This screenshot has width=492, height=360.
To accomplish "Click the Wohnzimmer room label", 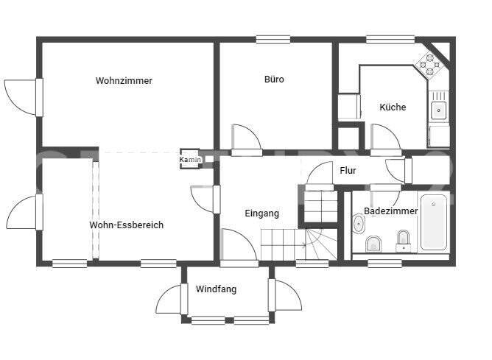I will (124, 81).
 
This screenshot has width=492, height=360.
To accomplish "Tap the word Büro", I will (274, 80).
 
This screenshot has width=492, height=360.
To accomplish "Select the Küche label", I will (393, 107).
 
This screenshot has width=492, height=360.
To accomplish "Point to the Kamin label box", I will (189, 160).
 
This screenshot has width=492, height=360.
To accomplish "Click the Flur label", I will (348, 171).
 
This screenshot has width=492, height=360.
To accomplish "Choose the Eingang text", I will (261, 213).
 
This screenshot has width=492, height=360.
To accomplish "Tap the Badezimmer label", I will (390, 211).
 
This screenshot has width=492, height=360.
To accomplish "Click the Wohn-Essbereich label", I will (126, 225).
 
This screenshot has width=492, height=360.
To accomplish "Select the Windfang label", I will (216, 289).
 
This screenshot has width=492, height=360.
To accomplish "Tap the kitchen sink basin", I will (439, 110).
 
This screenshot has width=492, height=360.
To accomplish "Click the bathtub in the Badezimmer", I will (434, 222).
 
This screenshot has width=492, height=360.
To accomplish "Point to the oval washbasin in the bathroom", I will (359, 224).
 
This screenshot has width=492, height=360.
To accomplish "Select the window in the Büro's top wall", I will (273, 40).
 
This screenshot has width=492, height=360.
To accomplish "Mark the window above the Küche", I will (384, 40).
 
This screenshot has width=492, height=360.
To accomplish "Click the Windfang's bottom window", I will (228, 320).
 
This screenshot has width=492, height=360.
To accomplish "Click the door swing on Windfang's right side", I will (287, 295).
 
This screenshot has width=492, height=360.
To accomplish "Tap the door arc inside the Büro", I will (246, 138).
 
